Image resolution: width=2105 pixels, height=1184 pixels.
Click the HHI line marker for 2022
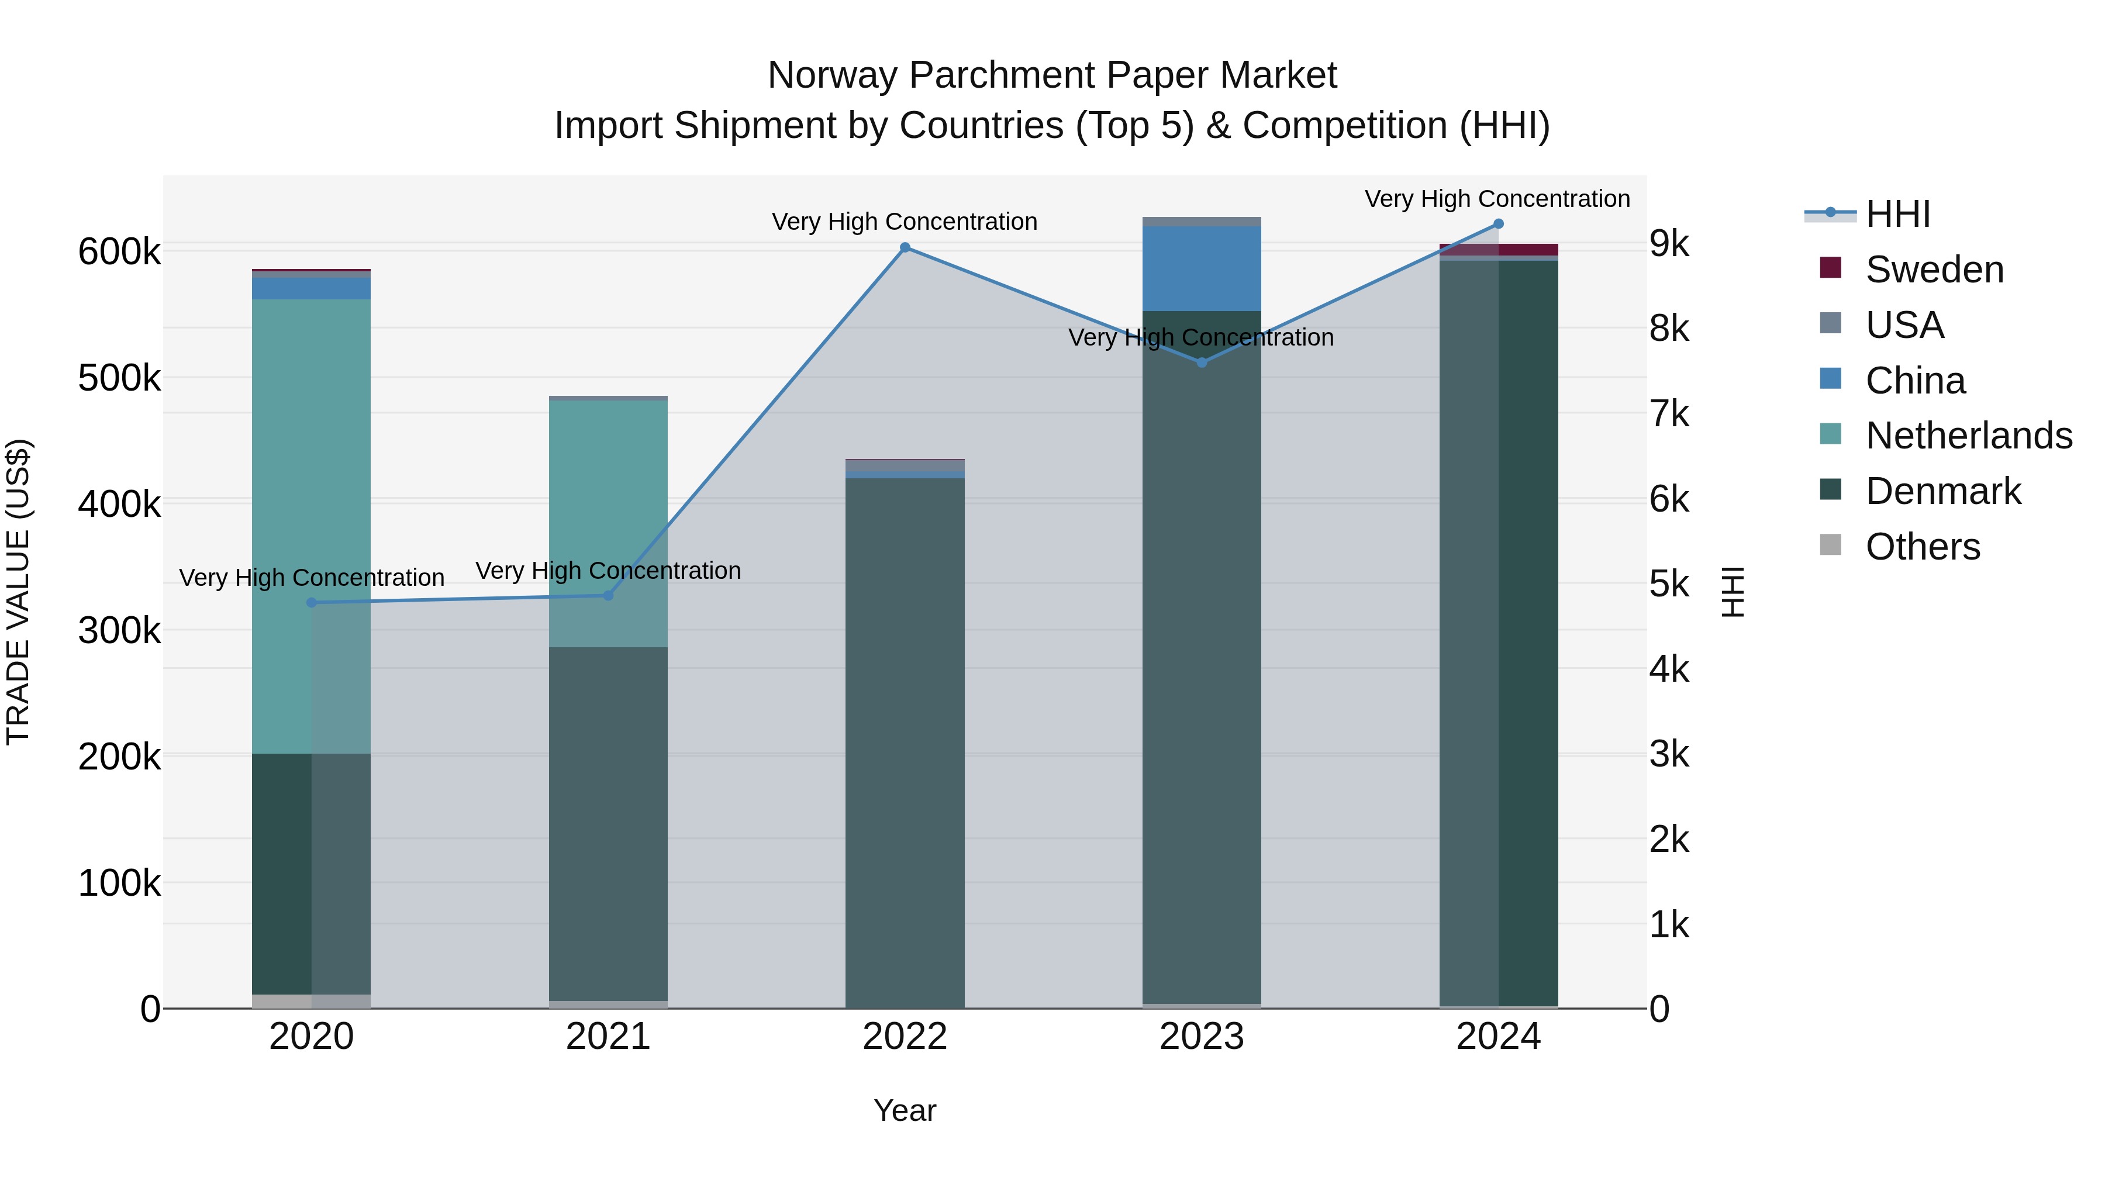point(905,247)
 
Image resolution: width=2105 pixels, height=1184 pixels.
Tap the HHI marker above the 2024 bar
point(1498,224)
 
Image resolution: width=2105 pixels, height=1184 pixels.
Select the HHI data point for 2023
point(1201,362)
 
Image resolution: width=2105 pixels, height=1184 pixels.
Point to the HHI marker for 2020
point(311,603)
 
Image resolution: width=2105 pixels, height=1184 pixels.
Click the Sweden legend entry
point(1934,270)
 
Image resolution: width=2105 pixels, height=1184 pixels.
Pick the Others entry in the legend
point(1923,547)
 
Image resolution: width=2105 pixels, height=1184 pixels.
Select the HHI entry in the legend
point(1897,214)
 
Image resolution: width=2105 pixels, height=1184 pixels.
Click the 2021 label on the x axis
point(608,1037)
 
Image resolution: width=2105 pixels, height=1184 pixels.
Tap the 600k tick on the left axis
point(119,251)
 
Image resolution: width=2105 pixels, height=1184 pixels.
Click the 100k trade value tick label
point(119,883)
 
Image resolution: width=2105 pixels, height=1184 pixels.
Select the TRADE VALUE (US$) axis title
point(18,592)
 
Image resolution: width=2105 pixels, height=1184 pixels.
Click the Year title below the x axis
point(905,1110)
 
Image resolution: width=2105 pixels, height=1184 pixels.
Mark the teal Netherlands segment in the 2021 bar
point(608,523)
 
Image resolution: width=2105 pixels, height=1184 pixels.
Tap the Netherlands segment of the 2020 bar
point(311,523)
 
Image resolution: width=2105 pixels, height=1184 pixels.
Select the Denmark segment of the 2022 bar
point(905,736)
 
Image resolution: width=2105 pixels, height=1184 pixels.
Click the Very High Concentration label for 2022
point(905,222)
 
